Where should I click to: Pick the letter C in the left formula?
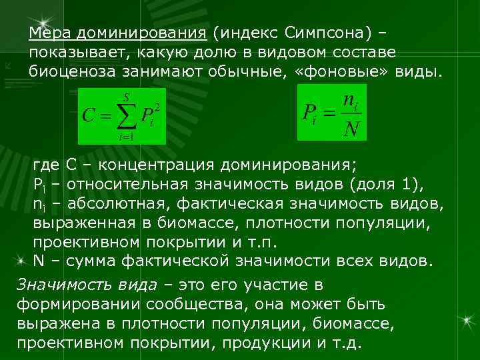(x=87, y=115)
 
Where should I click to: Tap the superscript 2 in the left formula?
(x=158, y=107)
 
